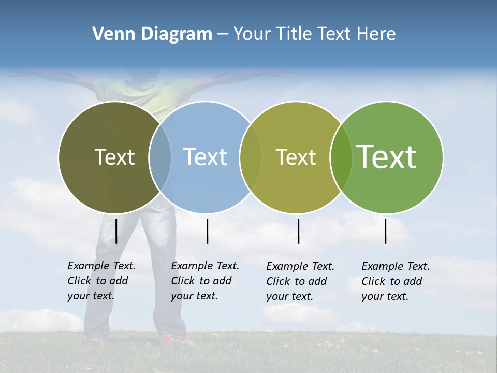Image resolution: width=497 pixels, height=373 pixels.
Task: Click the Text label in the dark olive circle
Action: pyautogui.click(x=114, y=157)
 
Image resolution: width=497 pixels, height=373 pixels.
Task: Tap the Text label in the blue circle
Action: pyautogui.click(x=205, y=157)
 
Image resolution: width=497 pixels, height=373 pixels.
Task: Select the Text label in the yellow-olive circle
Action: pyautogui.click(x=296, y=157)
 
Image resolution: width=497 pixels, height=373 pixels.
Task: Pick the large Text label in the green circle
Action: pyautogui.click(x=387, y=156)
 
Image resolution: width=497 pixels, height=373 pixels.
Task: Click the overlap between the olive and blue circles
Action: pyautogui.click(x=160, y=157)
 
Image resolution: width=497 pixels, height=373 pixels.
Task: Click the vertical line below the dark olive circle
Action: pyautogui.click(x=116, y=231)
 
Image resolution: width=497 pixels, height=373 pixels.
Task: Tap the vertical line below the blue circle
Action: pyautogui.click(x=207, y=231)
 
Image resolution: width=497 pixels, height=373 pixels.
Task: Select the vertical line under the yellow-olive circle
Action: pyautogui.click(x=299, y=231)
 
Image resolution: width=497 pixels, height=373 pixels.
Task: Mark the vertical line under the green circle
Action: pyautogui.click(x=386, y=231)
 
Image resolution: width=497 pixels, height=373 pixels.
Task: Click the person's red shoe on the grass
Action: pyautogui.click(x=176, y=340)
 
